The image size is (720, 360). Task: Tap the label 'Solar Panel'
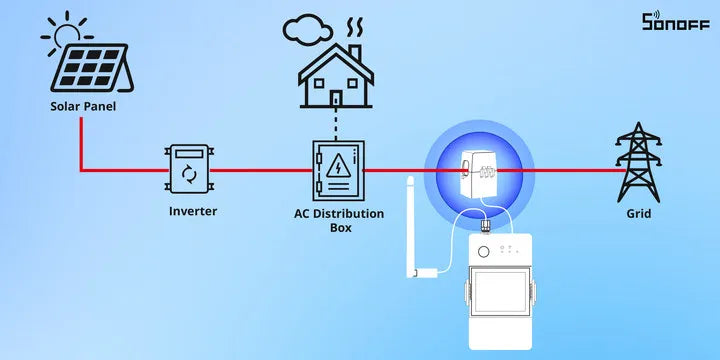pyautogui.click(x=83, y=106)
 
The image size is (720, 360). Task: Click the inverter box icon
pyautogui.click(x=189, y=170)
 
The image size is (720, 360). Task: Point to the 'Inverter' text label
pyautogui.click(x=192, y=211)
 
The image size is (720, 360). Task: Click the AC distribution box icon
pyautogui.click(x=337, y=170)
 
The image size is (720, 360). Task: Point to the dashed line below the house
pyautogui.click(x=336, y=126)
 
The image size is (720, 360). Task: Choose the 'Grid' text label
pyautogui.click(x=637, y=213)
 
